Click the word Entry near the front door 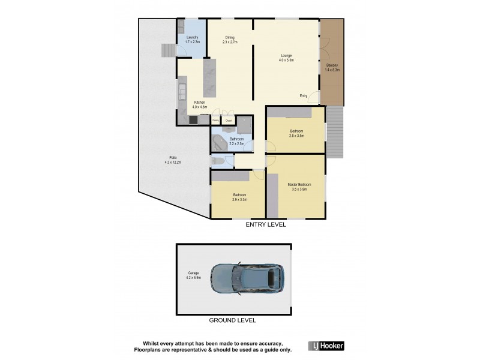pos(304,96)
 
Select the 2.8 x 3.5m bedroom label pos(296,133)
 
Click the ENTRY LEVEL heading pos(265,226)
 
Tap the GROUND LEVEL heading pos(232,320)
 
